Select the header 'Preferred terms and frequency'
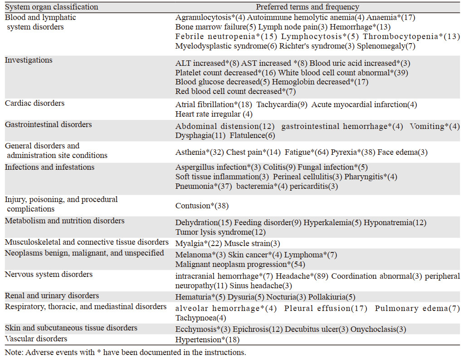(308, 7)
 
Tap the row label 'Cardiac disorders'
(35, 104)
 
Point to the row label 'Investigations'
(29, 60)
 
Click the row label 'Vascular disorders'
(36, 339)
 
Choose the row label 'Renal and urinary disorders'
(52, 296)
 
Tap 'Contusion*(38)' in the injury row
(202, 206)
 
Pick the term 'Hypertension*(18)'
(207, 339)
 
